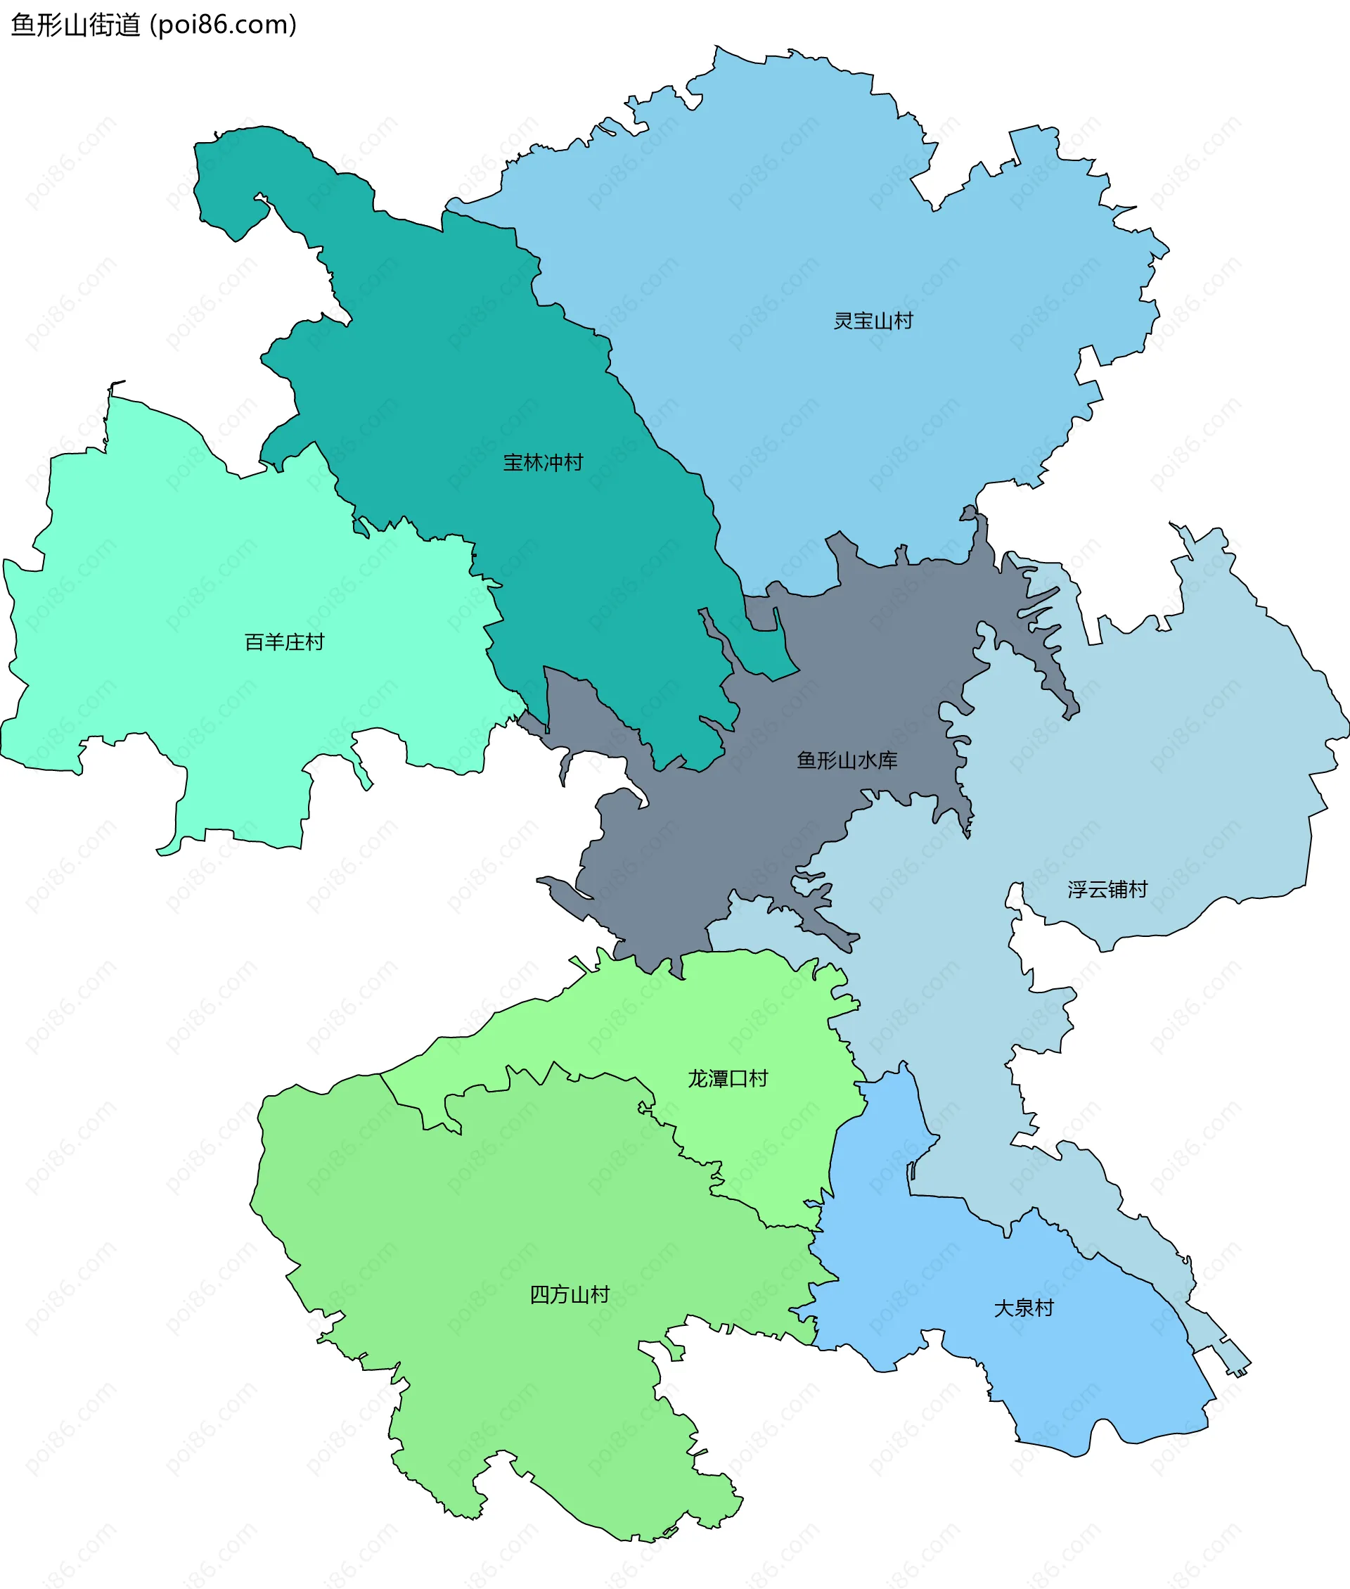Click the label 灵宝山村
tap(873, 321)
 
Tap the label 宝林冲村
tap(543, 462)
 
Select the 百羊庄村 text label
tap(284, 642)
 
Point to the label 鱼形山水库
tap(847, 760)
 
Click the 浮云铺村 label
tap(1107, 889)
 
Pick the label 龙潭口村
tap(727, 1078)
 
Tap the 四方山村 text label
tap(570, 1294)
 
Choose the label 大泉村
tap(1023, 1308)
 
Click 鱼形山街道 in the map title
tap(76, 25)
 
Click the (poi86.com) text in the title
tap(224, 25)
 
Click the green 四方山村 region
tap(497, 1225)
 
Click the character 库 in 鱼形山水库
tap(888, 760)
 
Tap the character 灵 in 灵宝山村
tap(843, 321)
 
